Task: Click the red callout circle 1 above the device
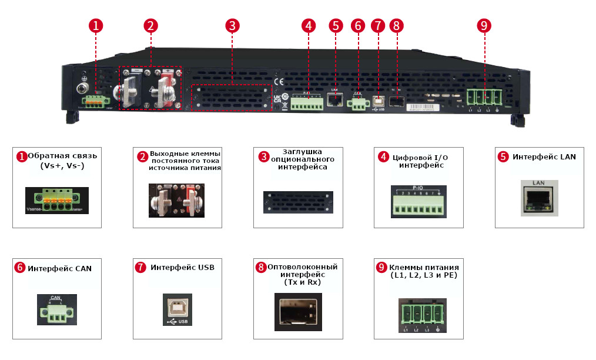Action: tap(96, 25)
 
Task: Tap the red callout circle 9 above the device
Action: tap(484, 25)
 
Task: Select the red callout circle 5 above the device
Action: tap(336, 25)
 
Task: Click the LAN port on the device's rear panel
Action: tap(335, 99)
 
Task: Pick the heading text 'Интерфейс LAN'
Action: tap(544, 157)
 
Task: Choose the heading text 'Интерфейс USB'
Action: tap(182, 268)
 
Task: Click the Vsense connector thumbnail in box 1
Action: tap(57, 200)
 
